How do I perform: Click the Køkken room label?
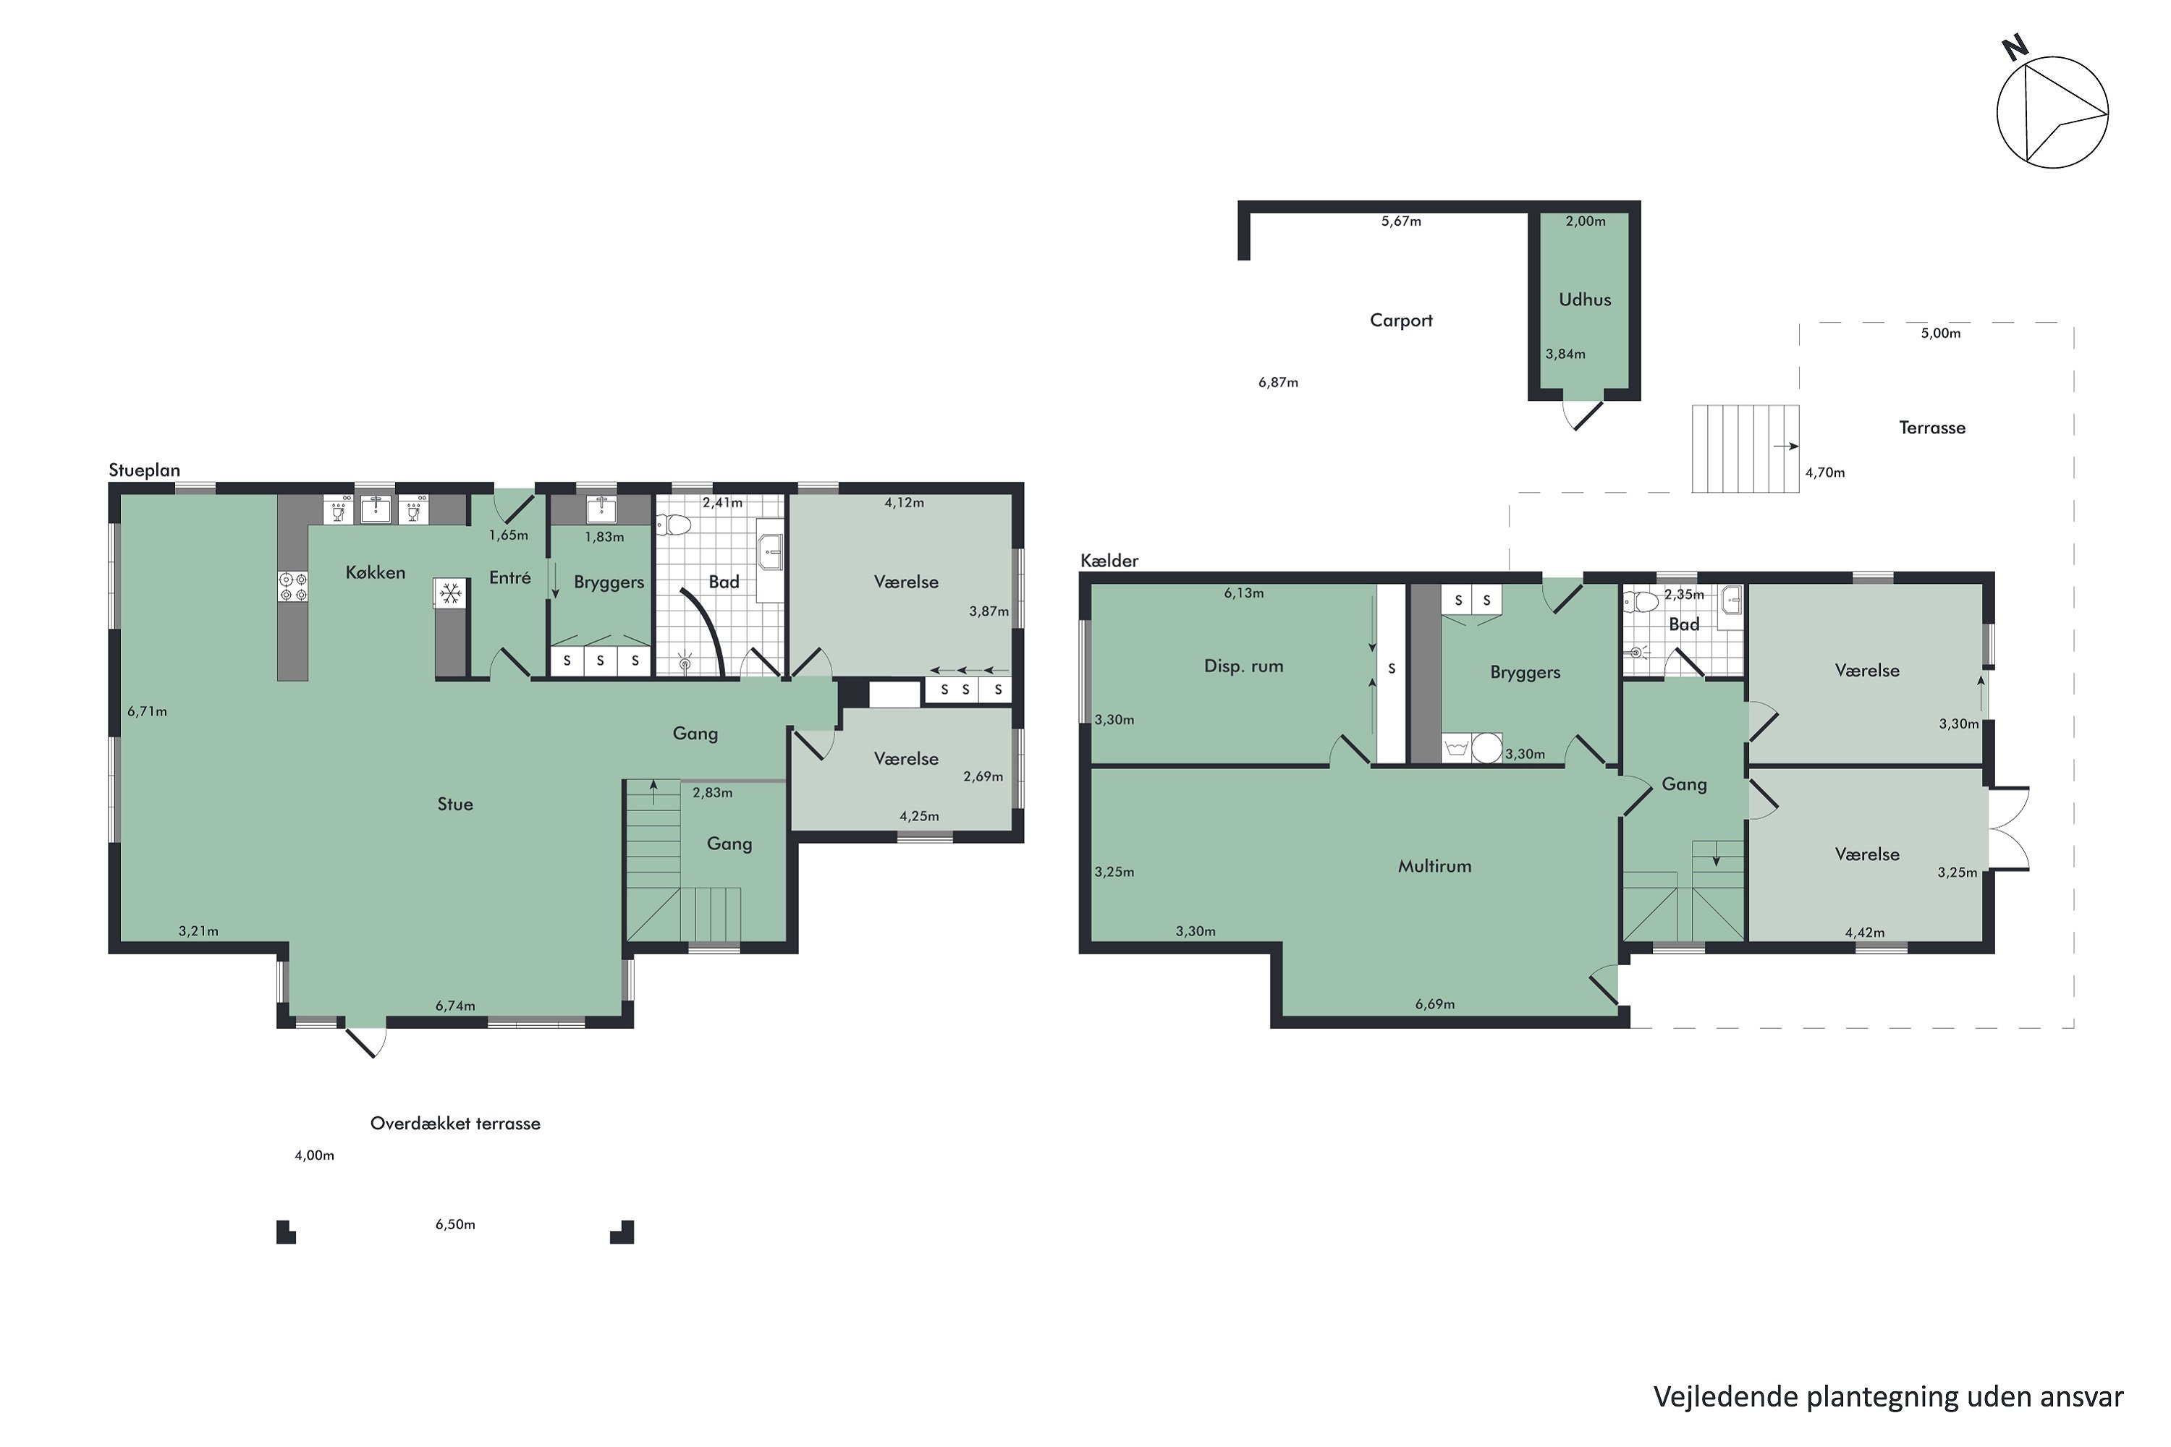[376, 573]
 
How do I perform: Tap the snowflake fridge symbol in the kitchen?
[449, 593]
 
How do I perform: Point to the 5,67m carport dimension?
[1401, 221]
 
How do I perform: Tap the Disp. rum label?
[1243, 666]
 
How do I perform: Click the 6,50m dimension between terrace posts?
[455, 1225]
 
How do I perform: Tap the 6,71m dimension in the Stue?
[147, 711]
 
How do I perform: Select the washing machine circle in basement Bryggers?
[1486, 747]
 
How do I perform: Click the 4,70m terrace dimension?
[1825, 472]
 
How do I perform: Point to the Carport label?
[1401, 321]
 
